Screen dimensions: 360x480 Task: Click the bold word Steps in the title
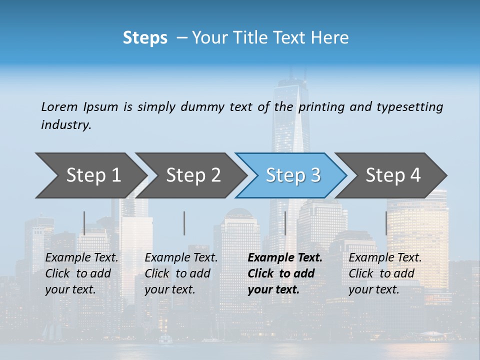pyautogui.click(x=145, y=38)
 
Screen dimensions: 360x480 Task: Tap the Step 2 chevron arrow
pyautogui.click(x=193, y=175)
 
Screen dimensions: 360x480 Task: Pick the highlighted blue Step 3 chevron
pyautogui.click(x=293, y=175)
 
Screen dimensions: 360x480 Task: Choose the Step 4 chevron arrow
pyautogui.click(x=393, y=175)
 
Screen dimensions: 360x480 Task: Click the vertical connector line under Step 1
pyautogui.click(x=84, y=223)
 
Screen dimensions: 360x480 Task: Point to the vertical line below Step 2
pyautogui.click(x=184, y=223)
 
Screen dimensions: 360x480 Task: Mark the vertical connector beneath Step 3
pyautogui.click(x=285, y=223)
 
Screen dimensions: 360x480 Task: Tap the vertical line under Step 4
pyautogui.click(x=386, y=223)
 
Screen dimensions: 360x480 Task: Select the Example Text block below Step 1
pyautogui.click(x=81, y=273)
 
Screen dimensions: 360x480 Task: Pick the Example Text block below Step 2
pyautogui.click(x=181, y=273)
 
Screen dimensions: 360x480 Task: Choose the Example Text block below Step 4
pyautogui.click(x=385, y=273)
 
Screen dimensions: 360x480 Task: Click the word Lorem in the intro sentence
pyautogui.click(x=59, y=106)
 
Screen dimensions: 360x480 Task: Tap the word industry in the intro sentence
pyautogui.click(x=66, y=124)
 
